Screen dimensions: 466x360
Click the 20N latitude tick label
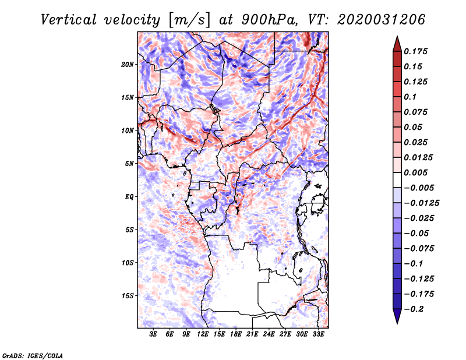click(x=128, y=65)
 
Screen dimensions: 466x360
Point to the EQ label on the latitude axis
click(x=129, y=197)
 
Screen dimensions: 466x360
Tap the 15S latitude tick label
click(x=128, y=296)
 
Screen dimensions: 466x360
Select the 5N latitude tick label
click(x=129, y=164)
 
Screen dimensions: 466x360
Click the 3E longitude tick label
click(x=153, y=334)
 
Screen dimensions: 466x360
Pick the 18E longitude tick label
click(x=236, y=334)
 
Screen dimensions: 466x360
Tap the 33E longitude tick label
click(x=318, y=334)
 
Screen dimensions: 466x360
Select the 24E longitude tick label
click(x=269, y=334)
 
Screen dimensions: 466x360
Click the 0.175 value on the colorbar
click(x=415, y=51)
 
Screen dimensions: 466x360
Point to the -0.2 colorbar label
click(x=414, y=309)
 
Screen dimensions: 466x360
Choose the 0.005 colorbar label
click(x=415, y=172)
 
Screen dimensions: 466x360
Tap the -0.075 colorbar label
click(x=419, y=249)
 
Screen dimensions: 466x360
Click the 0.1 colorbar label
click(x=410, y=97)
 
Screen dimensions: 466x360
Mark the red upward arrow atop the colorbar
click(x=397, y=44)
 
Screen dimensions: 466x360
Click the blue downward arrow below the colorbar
click(x=397, y=316)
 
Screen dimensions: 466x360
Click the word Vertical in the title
click(x=69, y=20)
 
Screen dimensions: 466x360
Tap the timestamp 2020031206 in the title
click(x=382, y=20)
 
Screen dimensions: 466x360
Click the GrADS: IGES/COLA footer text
click(x=33, y=356)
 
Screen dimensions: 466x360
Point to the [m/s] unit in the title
click(x=190, y=20)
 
